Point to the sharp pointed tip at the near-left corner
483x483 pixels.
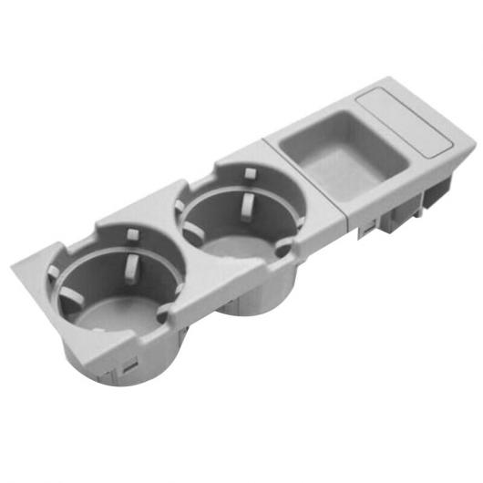(x=14, y=266)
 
